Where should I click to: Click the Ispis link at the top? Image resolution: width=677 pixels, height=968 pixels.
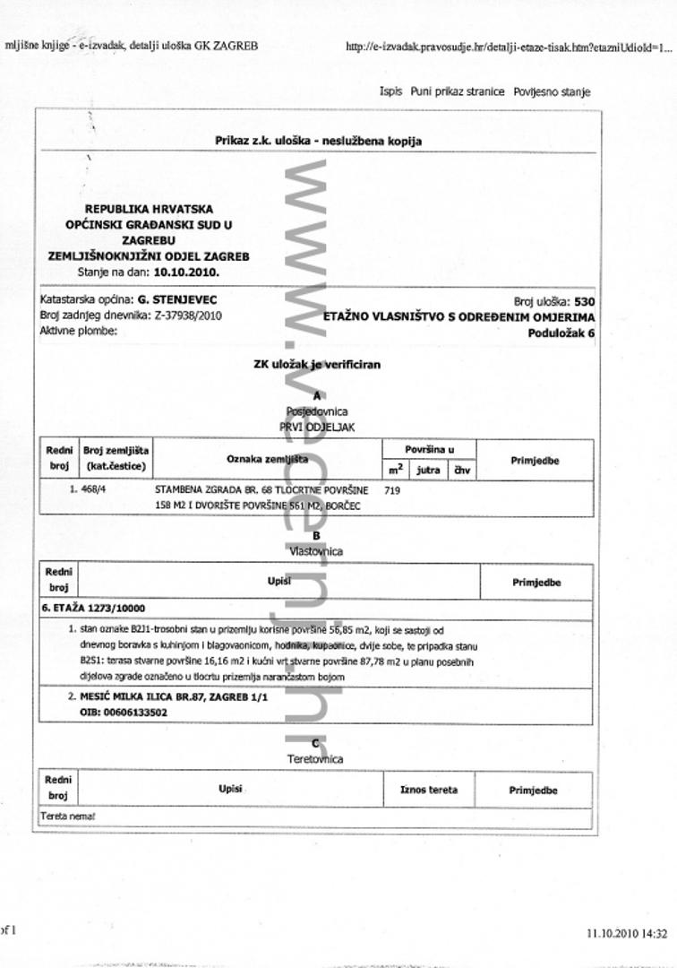tap(390, 91)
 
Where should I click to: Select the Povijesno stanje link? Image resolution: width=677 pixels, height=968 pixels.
tap(552, 91)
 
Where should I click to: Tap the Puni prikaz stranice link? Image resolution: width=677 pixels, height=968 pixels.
tap(458, 91)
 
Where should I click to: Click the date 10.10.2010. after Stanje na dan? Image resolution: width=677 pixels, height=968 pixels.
tap(186, 270)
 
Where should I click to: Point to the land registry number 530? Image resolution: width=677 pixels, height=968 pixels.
tap(584, 302)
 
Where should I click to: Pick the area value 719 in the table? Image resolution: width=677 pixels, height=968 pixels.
tap(392, 490)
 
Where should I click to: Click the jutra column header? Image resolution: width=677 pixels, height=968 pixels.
tap(428, 469)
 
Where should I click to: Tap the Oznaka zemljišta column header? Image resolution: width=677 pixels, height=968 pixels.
tap(267, 459)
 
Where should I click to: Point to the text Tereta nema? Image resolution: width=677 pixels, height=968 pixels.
tap(68, 817)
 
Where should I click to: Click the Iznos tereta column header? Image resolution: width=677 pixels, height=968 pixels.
tap(428, 790)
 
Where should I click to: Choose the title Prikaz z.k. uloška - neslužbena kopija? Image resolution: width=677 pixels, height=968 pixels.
tap(318, 141)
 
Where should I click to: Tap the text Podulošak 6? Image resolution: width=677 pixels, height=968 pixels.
tap(561, 333)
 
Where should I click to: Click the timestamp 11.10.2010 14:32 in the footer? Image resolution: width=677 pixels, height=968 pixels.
tap(627, 933)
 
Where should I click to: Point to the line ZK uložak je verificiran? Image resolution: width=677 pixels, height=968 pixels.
tap(317, 365)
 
